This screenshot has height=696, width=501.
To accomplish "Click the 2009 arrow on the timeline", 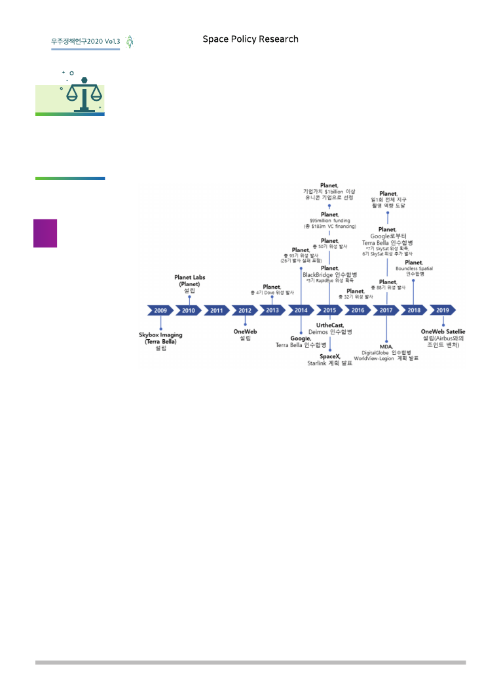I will tap(160, 310).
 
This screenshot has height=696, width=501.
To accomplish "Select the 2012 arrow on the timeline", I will tap(245, 310).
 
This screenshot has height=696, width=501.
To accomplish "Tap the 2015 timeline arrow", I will tap(329, 310).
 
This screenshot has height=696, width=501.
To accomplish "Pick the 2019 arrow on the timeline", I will tap(443, 310).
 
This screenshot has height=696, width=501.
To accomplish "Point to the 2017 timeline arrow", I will tap(386, 310).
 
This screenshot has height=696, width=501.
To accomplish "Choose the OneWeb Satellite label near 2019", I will tap(443, 331).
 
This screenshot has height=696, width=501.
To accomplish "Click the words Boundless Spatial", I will tap(414, 268).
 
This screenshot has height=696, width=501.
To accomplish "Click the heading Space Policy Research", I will tap(250, 39).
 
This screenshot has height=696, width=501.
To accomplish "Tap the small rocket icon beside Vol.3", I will tap(130, 41).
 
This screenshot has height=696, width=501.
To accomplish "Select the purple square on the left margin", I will tap(45, 233).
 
